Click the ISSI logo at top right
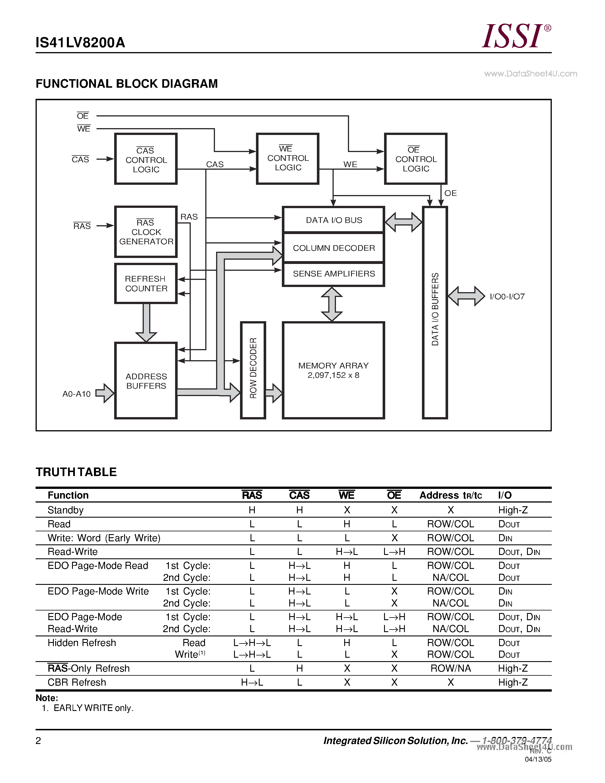point(515,36)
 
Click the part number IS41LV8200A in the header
point(80,43)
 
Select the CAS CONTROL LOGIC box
point(146,159)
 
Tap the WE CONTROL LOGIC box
point(288,159)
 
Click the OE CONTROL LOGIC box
point(415,159)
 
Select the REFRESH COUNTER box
point(146,284)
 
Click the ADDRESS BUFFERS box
point(146,381)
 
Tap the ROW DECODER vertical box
point(253,370)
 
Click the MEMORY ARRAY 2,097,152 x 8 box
point(333,370)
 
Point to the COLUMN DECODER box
point(333,248)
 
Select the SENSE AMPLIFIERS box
point(333,274)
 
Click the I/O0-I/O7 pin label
point(507,296)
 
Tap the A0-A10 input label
point(76,394)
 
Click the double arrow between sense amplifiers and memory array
point(332,304)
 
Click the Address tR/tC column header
point(450,495)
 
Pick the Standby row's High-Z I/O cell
point(512,510)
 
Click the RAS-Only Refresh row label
point(89,669)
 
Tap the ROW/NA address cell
point(450,669)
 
